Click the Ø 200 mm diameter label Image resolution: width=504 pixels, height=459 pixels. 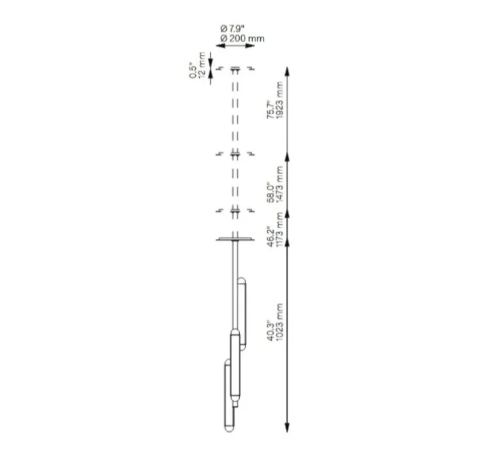point(242,39)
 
